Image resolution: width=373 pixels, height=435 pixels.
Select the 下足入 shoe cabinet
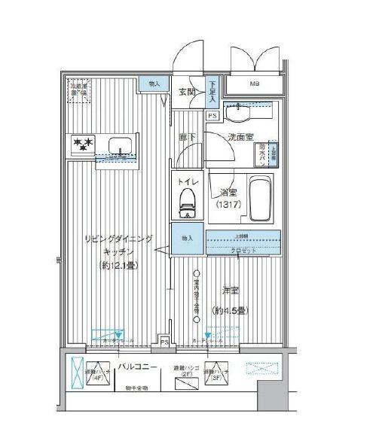[x=213, y=91]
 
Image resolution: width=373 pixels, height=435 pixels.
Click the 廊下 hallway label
[x=189, y=138]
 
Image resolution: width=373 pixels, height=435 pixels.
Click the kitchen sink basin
[x=119, y=144]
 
